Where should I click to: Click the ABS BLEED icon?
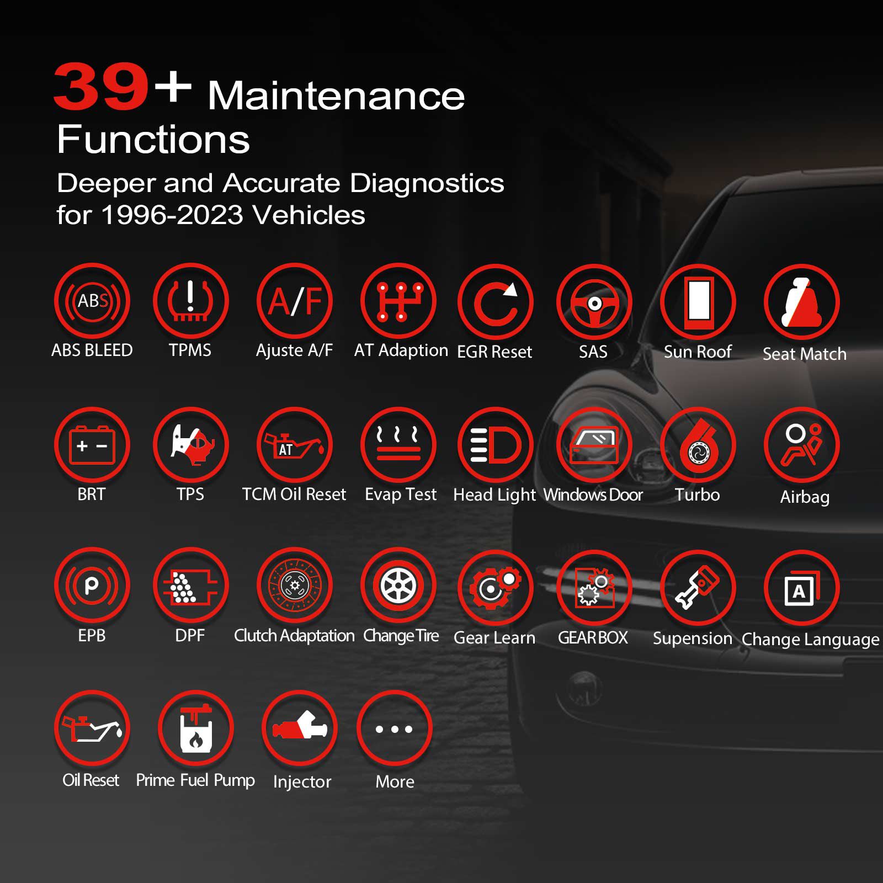coord(92,301)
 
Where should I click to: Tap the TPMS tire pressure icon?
coord(190,301)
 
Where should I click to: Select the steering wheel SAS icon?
coord(594,302)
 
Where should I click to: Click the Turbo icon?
coord(698,445)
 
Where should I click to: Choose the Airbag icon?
coord(802,445)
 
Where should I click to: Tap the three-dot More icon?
coord(394,729)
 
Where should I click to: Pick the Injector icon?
coord(300,728)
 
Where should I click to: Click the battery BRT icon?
coord(92,445)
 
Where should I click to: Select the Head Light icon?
coord(496,445)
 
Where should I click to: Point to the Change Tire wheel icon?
coord(398,586)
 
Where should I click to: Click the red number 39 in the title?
coord(101,87)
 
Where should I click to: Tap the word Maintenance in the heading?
coord(336,96)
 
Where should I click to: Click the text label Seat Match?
coord(804,354)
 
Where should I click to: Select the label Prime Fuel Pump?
coord(195,780)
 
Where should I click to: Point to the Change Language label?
coord(810,639)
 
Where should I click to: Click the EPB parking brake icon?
coord(92,586)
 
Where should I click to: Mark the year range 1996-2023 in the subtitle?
coord(172,215)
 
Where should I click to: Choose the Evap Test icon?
coord(398,445)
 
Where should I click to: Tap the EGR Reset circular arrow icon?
coord(496,302)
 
